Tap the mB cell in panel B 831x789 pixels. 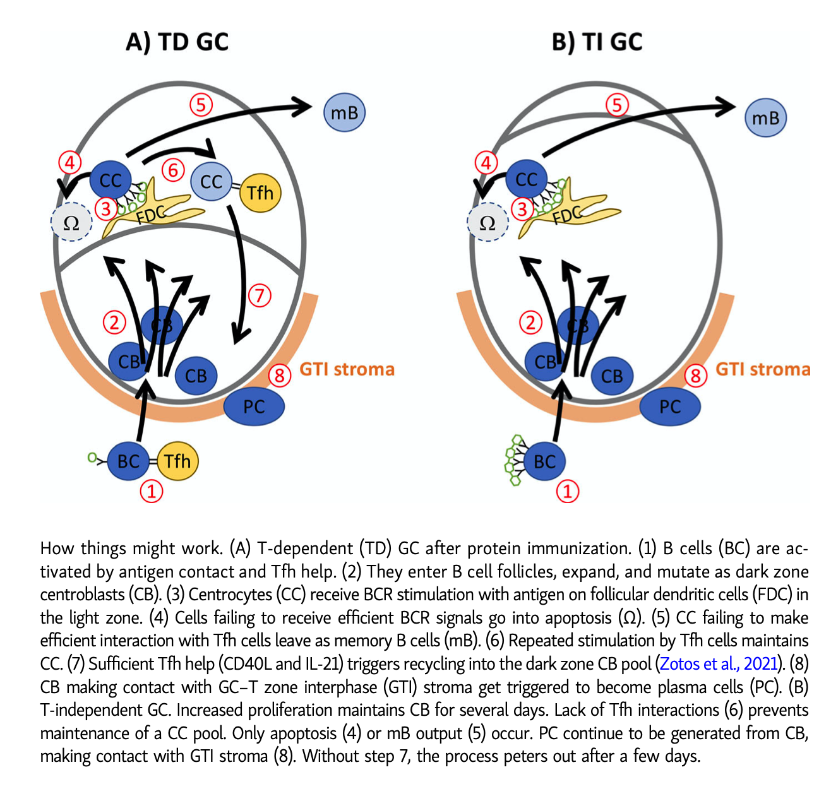pyautogui.click(x=765, y=117)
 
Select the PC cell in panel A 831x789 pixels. pyautogui.click(x=254, y=406)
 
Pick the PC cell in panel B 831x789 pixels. pyautogui.click(x=669, y=406)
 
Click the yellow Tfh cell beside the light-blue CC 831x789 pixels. pyautogui.click(x=260, y=192)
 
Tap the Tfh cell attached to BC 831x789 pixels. pyautogui.click(x=177, y=461)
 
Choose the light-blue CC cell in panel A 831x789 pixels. pyautogui.click(x=212, y=182)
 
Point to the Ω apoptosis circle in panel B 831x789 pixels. pyautogui.click(x=487, y=223)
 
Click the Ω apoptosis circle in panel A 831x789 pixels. pyautogui.click(x=71, y=223)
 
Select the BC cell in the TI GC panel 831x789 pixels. pyautogui.click(x=544, y=461)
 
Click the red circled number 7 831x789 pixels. pyautogui.click(x=259, y=295)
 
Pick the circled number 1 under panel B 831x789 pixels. pyautogui.click(x=568, y=490)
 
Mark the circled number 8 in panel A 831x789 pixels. pyautogui.click(x=279, y=376)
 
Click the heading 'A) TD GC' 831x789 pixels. pyautogui.click(x=177, y=42)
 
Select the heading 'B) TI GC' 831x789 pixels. pyautogui.click(x=597, y=42)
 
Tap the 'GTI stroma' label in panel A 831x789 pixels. pyautogui.click(x=347, y=369)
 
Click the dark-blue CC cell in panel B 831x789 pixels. pyautogui.click(x=526, y=180)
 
